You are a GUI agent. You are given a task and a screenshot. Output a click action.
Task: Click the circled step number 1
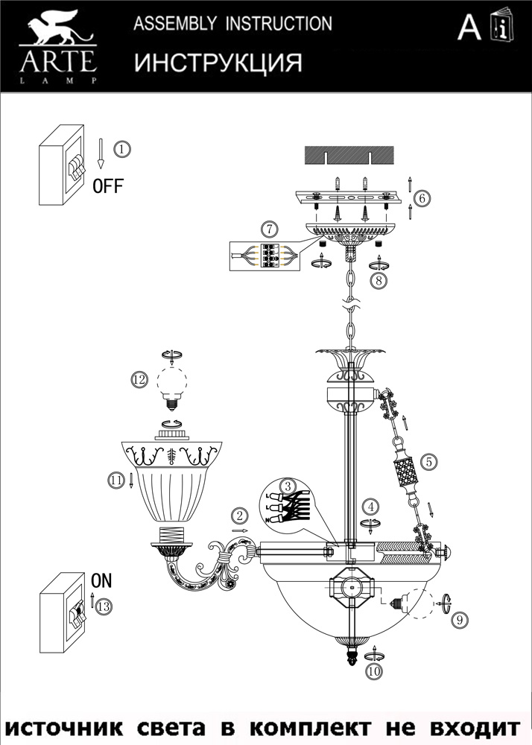pos(122,148)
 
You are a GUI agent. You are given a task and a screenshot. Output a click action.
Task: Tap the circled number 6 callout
pos(422,199)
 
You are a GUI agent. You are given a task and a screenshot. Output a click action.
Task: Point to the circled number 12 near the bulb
pos(139,380)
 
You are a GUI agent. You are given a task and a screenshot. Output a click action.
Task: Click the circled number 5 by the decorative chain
pos(428,462)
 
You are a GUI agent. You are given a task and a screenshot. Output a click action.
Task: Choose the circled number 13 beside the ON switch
pos(104,606)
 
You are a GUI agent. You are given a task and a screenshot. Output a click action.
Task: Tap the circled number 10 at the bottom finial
pos(373,671)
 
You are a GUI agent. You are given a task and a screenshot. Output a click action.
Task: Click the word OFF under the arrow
pos(107,186)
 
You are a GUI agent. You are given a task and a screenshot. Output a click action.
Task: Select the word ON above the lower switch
pos(101,579)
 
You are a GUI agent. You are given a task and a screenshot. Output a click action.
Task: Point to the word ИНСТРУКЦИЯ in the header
pos(218,63)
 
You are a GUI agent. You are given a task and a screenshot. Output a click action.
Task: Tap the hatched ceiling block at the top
pos(350,155)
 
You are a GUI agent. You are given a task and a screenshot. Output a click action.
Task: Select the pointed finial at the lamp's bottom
pos(350,659)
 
